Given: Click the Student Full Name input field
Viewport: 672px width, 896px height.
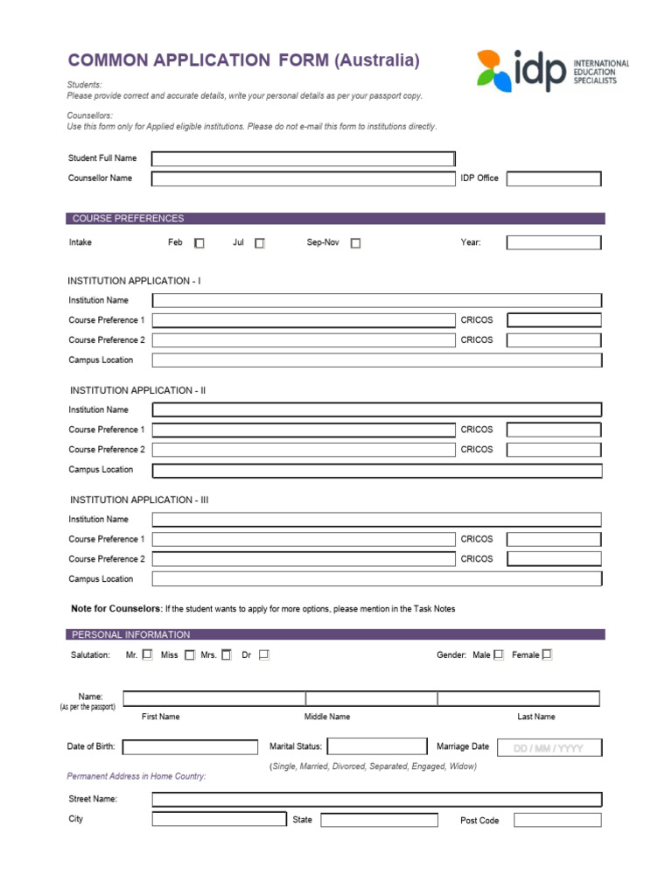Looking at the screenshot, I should pos(303,158).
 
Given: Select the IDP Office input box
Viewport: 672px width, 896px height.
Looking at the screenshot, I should pos(554,178).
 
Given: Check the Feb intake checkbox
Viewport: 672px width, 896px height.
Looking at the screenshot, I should pos(199,244).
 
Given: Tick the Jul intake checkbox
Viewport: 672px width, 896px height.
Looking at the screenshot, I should pos(260,244).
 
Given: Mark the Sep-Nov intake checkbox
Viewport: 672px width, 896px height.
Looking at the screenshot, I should pos(355,244).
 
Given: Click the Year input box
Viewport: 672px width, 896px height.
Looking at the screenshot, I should pos(554,242).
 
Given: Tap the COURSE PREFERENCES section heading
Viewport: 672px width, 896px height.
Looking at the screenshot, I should pos(128,219).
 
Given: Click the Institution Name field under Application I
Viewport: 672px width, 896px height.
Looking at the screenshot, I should pos(377,300).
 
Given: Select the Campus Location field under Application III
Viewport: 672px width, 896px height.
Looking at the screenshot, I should pos(377,579).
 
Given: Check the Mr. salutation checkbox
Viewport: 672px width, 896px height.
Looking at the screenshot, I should pos(147,654).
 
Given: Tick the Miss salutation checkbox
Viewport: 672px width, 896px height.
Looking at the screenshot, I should pos(190,654).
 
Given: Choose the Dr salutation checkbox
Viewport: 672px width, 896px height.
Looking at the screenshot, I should pos(264,654).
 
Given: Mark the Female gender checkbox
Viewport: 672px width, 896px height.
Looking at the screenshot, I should pos(548,654).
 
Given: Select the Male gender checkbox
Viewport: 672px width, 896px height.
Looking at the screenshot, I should pos(499,654).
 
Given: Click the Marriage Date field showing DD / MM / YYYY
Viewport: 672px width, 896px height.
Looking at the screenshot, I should pos(549,748).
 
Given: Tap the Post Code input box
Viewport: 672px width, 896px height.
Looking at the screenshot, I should pos(557,820).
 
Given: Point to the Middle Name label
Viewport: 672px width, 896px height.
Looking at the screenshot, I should pos(327,717).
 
